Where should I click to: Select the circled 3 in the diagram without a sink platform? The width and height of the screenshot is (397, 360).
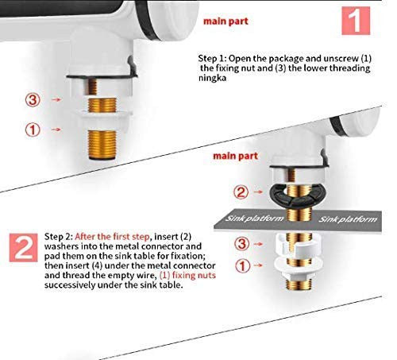33,101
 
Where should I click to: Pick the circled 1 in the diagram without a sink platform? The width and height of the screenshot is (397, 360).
33,128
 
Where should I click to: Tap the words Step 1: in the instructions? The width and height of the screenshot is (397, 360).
217,58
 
